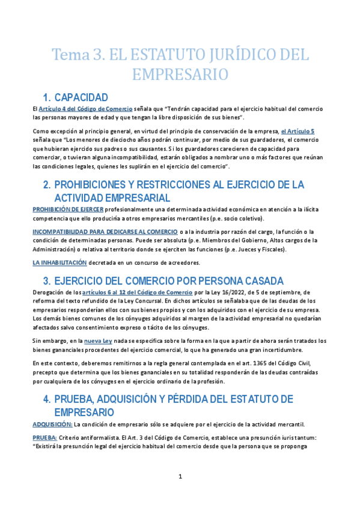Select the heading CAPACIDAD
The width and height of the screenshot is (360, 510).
pyautogui.click(x=81, y=97)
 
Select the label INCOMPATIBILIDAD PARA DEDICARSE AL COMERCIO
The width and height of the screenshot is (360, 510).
pyautogui.click(x=105, y=232)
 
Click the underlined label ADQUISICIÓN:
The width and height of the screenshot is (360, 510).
pyautogui.click(x=52, y=423)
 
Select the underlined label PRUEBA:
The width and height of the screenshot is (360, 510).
pyautogui.click(x=44, y=438)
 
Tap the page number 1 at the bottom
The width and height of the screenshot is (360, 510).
pyautogui.click(x=180, y=477)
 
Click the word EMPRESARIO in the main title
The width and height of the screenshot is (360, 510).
pyautogui.click(x=180, y=75)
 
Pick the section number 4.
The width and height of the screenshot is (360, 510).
pyautogui.click(x=47, y=399)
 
